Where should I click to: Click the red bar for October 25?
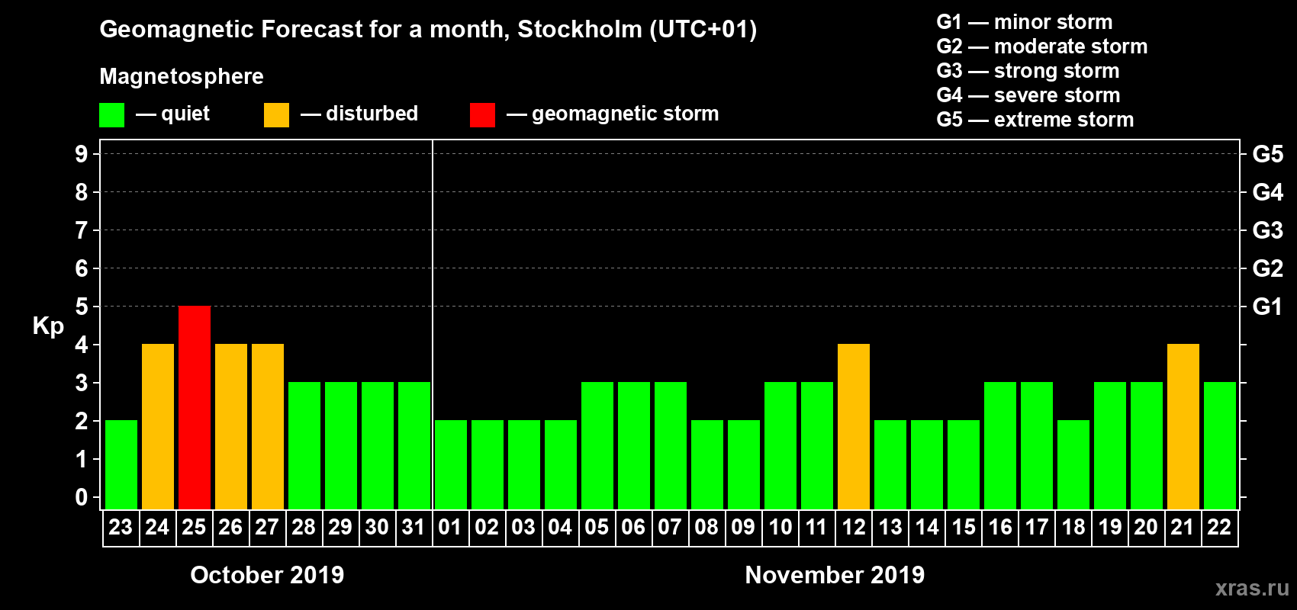(x=195, y=407)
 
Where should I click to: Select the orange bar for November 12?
(x=854, y=426)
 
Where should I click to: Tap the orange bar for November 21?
(x=1183, y=426)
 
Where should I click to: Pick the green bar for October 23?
(x=121, y=464)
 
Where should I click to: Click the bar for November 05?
(x=597, y=445)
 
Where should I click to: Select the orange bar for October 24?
(x=158, y=426)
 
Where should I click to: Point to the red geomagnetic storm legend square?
(x=482, y=115)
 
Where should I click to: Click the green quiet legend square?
(x=112, y=115)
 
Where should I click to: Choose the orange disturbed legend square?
(x=276, y=115)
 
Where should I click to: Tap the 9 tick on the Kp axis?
(x=82, y=154)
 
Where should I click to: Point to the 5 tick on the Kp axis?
(x=82, y=307)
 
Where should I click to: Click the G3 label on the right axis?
(x=1267, y=230)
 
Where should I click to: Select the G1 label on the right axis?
(x=1267, y=307)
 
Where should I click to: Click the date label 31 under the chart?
(x=414, y=527)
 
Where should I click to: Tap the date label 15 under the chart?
(x=964, y=527)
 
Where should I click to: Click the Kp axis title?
(x=48, y=326)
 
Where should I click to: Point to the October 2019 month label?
(x=267, y=575)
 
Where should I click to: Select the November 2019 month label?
(x=835, y=575)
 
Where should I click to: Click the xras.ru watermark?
(x=1252, y=588)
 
